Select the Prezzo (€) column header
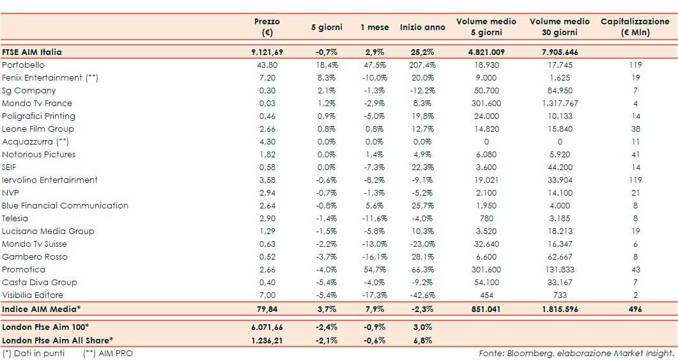(x=266, y=27)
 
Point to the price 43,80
(x=266, y=65)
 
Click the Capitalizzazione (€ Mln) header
(x=635, y=27)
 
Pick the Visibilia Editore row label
(x=33, y=295)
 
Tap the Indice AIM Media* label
(x=42, y=308)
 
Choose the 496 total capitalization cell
(x=635, y=308)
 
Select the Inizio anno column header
(x=422, y=27)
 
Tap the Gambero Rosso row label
(x=35, y=256)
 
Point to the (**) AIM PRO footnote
(x=108, y=353)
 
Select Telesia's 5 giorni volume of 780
(x=487, y=218)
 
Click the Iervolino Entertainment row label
(x=50, y=180)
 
